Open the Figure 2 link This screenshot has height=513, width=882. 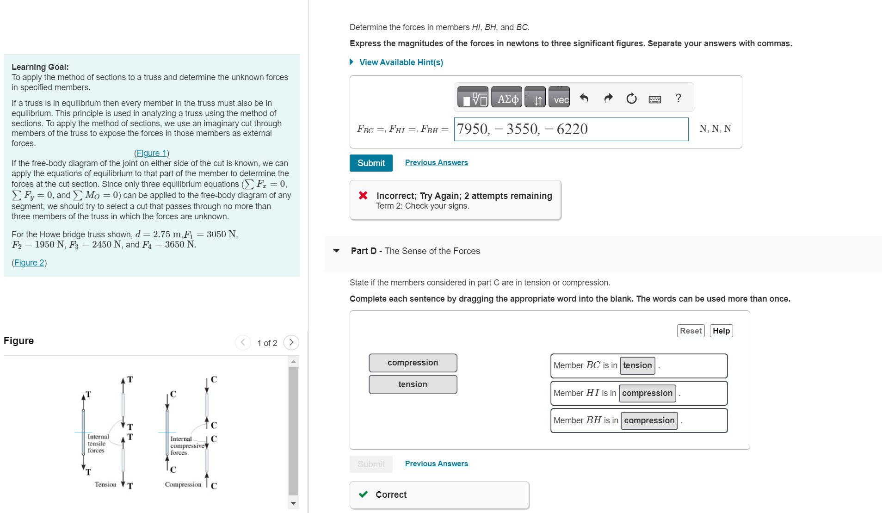tap(29, 263)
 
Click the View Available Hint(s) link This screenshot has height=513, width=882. tap(401, 62)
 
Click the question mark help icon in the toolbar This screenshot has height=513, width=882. tap(678, 98)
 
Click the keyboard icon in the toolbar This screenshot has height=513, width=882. tap(654, 99)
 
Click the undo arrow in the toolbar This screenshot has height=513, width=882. tap(584, 98)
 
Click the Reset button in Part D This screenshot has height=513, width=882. tap(690, 331)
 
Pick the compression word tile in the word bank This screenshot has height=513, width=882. tap(413, 363)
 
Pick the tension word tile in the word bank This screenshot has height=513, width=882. tap(413, 384)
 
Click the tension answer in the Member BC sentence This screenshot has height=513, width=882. tap(637, 365)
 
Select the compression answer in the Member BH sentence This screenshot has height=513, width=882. tap(649, 420)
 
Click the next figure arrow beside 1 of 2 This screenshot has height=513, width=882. tap(291, 342)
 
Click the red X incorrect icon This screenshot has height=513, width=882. tap(363, 196)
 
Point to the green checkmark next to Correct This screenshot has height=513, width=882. tap(364, 494)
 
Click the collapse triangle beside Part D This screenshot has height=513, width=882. tap(336, 251)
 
